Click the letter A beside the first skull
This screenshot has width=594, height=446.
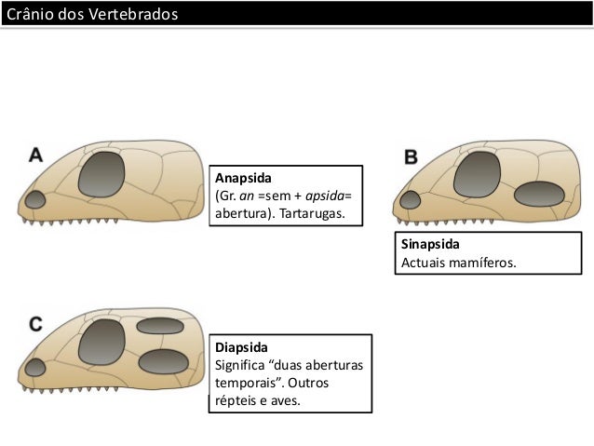click(x=35, y=155)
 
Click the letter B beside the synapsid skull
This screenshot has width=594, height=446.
click(x=411, y=157)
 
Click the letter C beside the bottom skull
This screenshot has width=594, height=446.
click(x=35, y=324)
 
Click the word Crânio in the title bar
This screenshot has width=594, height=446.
click(x=30, y=15)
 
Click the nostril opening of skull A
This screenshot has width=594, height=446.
click(x=35, y=200)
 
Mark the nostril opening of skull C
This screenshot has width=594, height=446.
click(x=35, y=367)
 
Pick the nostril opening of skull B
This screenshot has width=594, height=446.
click(x=410, y=198)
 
